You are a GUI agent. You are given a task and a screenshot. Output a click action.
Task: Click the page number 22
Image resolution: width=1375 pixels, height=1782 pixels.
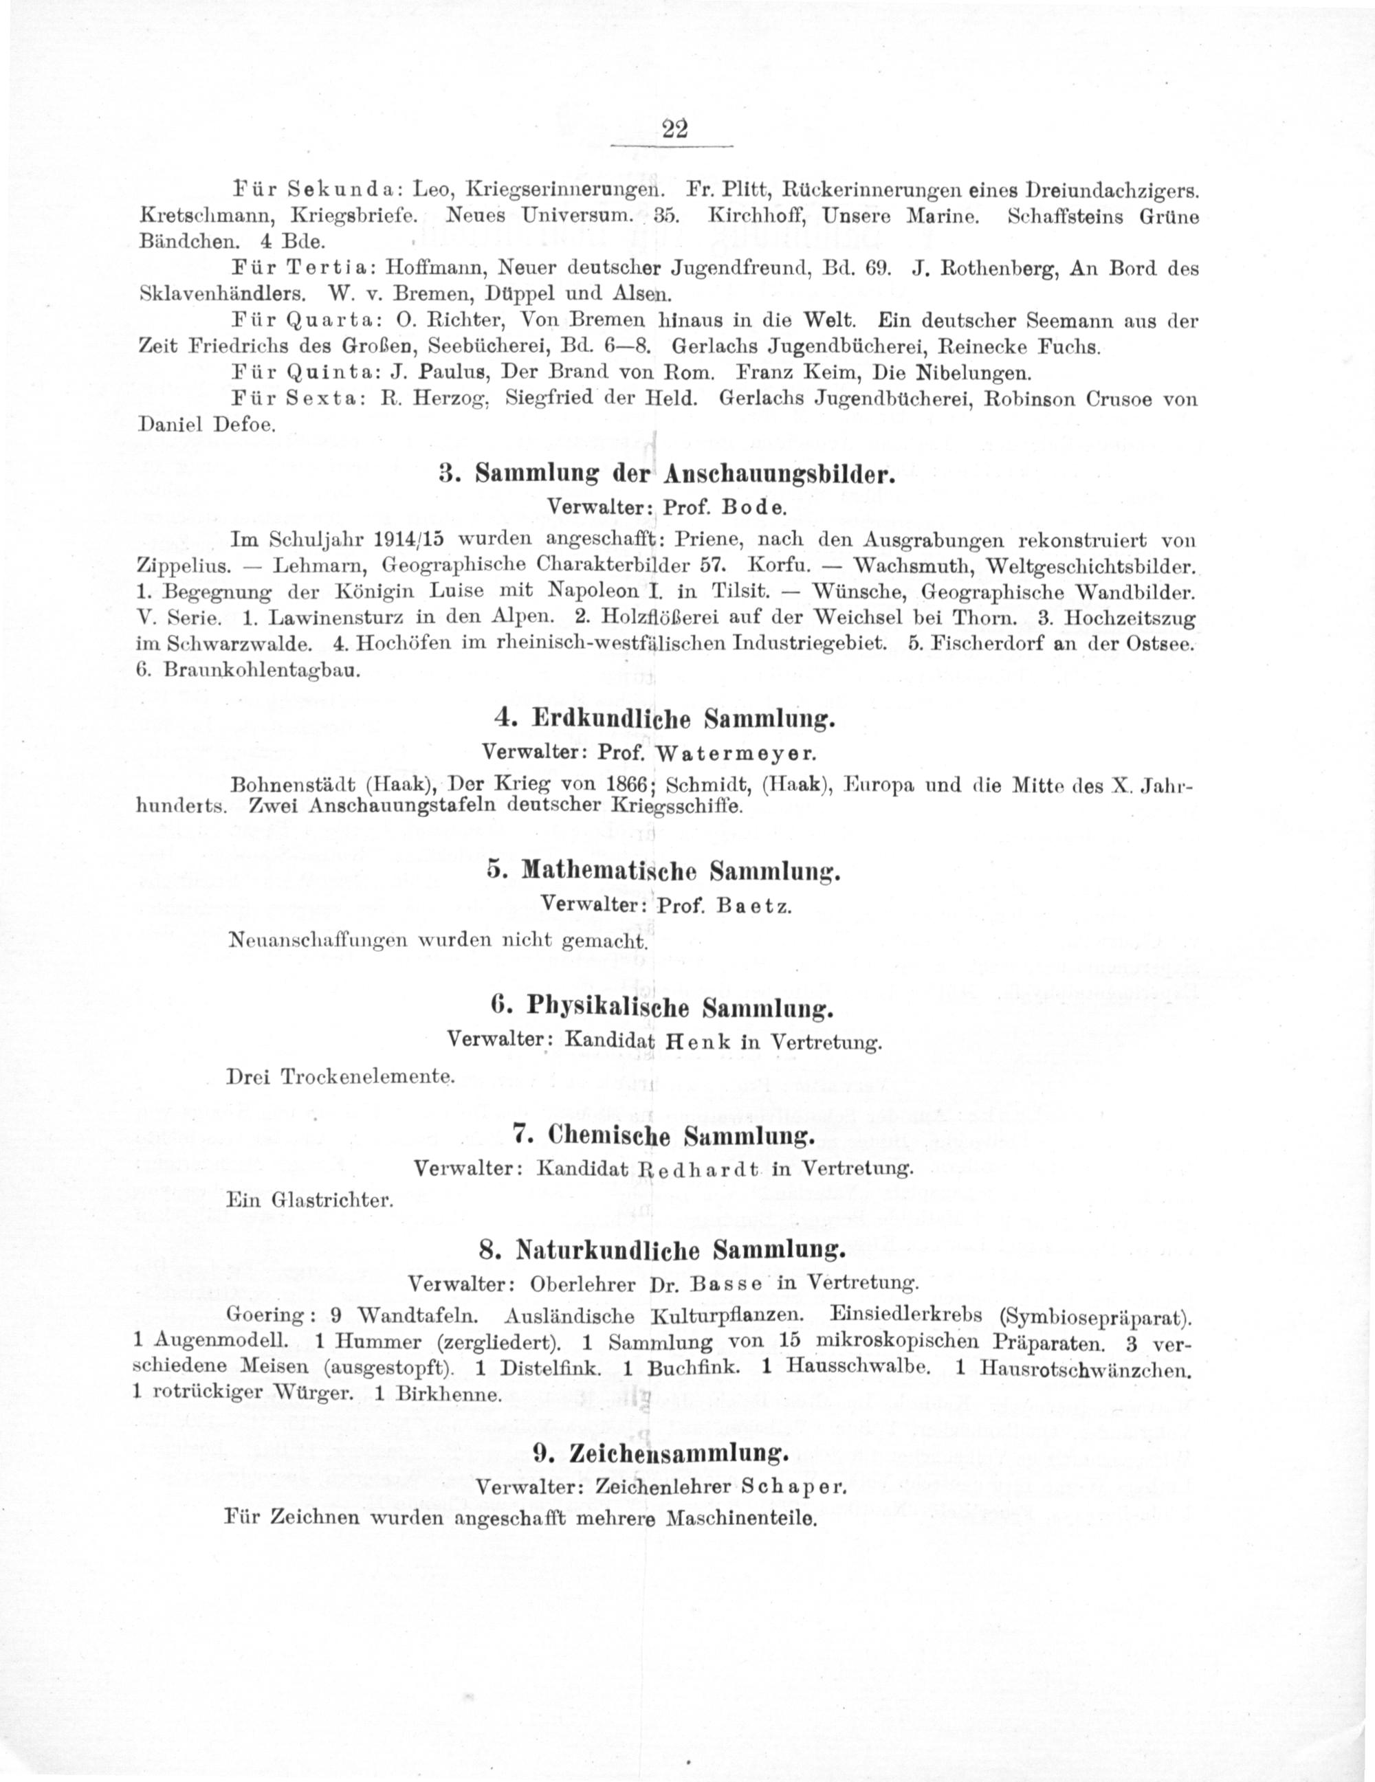(676, 129)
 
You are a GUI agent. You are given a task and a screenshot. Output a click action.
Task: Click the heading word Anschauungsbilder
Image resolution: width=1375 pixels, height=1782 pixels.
(780, 476)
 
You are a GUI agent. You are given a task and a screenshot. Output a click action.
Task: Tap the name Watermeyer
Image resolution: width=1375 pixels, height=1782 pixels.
(736, 750)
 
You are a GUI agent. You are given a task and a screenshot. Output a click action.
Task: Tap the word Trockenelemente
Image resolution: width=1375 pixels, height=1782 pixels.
(366, 1076)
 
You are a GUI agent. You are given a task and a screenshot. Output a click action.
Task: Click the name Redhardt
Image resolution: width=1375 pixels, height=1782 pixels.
(702, 1168)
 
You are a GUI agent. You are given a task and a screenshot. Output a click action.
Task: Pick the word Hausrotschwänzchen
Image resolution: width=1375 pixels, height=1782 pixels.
(1087, 1368)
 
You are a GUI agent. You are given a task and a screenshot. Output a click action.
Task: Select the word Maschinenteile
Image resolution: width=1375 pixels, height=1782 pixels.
(742, 1519)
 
